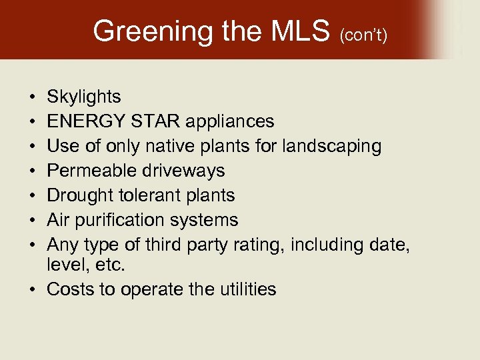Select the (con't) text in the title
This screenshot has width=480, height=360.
pos(363,34)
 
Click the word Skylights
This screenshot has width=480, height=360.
pos(84,97)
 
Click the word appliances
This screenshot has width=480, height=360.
pos(229,121)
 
